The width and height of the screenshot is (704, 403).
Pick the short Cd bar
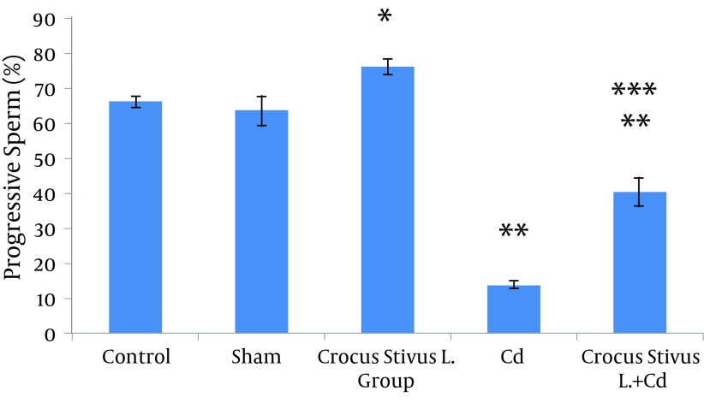point(514,310)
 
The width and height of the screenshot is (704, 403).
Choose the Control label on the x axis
point(134,356)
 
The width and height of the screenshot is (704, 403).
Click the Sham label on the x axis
point(261,356)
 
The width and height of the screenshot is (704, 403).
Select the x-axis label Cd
point(514,356)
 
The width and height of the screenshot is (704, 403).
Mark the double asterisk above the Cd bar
point(514,233)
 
